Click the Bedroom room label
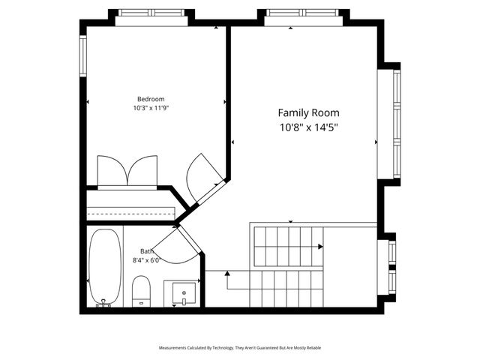point(150,99)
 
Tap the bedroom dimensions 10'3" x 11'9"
point(150,109)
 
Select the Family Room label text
point(308,112)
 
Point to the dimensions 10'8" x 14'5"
point(308,127)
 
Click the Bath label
point(147,251)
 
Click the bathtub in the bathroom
point(104,268)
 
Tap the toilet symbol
point(142,291)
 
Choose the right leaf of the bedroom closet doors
point(143,170)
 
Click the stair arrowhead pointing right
point(320,246)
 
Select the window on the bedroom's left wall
point(84,55)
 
